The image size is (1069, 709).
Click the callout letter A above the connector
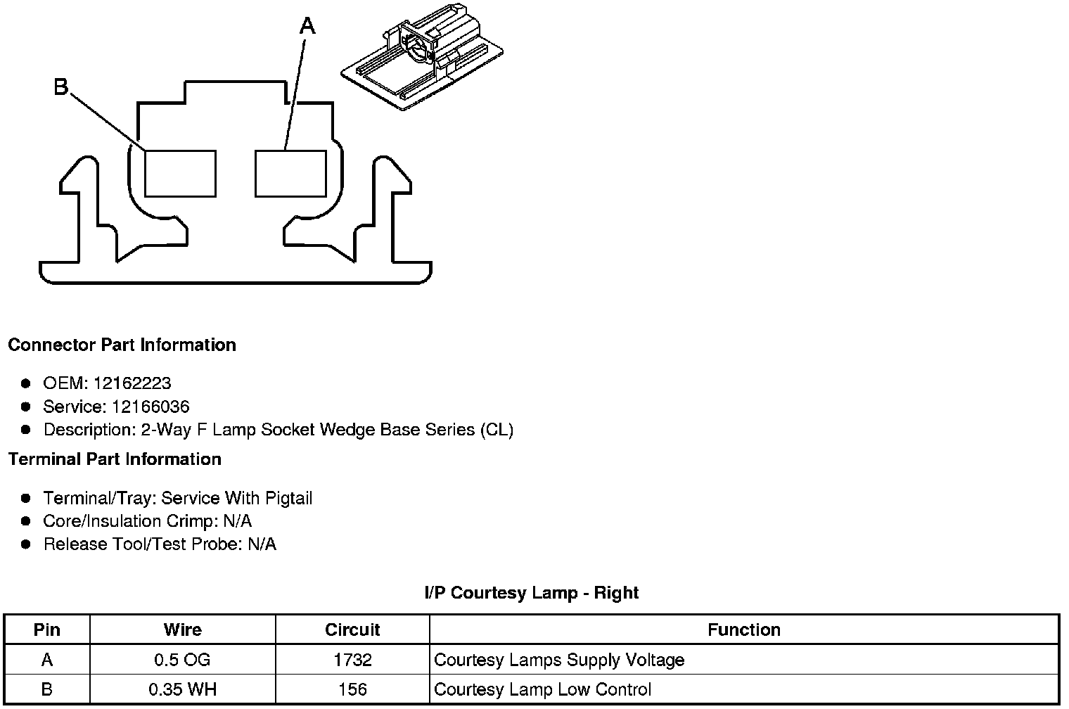pyautogui.click(x=307, y=27)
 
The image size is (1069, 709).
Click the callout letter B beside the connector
pyautogui.click(x=61, y=87)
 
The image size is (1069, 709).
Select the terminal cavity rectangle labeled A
pyautogui.click(x=290, y=173)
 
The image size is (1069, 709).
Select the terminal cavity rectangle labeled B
pyautogui.click(x=180, y=173)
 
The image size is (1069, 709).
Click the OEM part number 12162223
pyautogui.click(x=132, y=383)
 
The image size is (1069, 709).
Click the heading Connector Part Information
pyautogui.click(x=122, y=345)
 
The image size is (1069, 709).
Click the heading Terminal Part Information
pyautogui.click(x=115, y=459)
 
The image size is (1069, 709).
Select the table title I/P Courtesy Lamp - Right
pyautogui.click(x=531, y=593)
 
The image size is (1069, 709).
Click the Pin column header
pyautogui.click(x=47, y=630)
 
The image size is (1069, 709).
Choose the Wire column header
pyautogui.click(x=182, y=630)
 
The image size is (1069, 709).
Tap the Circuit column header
pyautogui.click(x=352, y=630)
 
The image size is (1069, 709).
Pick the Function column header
pyautogui.click(x=744, y=630)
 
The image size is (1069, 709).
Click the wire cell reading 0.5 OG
pyautogui.click(x=182, y=660)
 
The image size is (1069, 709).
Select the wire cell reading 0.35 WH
pyautogui.click(x=182, y=689)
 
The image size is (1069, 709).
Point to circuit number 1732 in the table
pyautogui.click(x=352, y=660)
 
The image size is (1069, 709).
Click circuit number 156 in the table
pyautogui.click(x=352, y=689)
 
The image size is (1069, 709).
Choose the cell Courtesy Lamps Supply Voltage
pyautogui.click(x=559, y=660)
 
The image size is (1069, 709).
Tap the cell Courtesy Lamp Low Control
pyautogui.click(x=543, y=689)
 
